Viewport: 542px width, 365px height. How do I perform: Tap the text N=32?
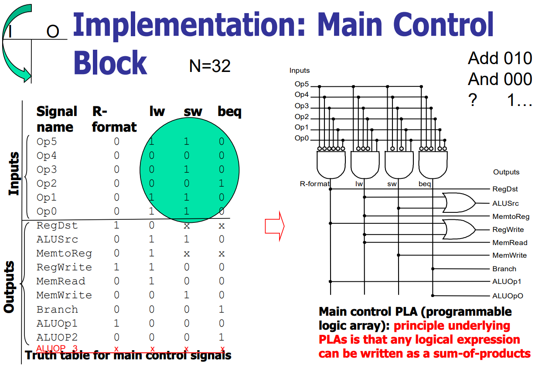tap(209, 66)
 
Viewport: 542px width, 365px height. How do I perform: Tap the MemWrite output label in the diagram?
tap(509, 255)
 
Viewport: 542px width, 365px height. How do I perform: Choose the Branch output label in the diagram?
tap(505, 269)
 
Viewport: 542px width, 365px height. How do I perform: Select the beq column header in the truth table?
tap(229, 112)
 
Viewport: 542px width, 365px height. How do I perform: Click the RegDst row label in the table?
tap(57, 225)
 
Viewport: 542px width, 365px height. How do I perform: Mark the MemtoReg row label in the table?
tap(64, 253)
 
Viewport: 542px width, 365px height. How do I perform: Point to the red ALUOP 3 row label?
tap(57, 348)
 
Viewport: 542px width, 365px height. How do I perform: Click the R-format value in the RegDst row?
tap(116, 225)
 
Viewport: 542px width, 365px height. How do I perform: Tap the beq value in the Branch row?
tap(222, 309)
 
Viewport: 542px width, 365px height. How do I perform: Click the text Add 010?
tap(500, 58)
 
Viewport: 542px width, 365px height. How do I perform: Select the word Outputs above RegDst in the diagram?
tap(506, 172)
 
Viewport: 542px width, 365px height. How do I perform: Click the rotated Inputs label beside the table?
tap(14, 174)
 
